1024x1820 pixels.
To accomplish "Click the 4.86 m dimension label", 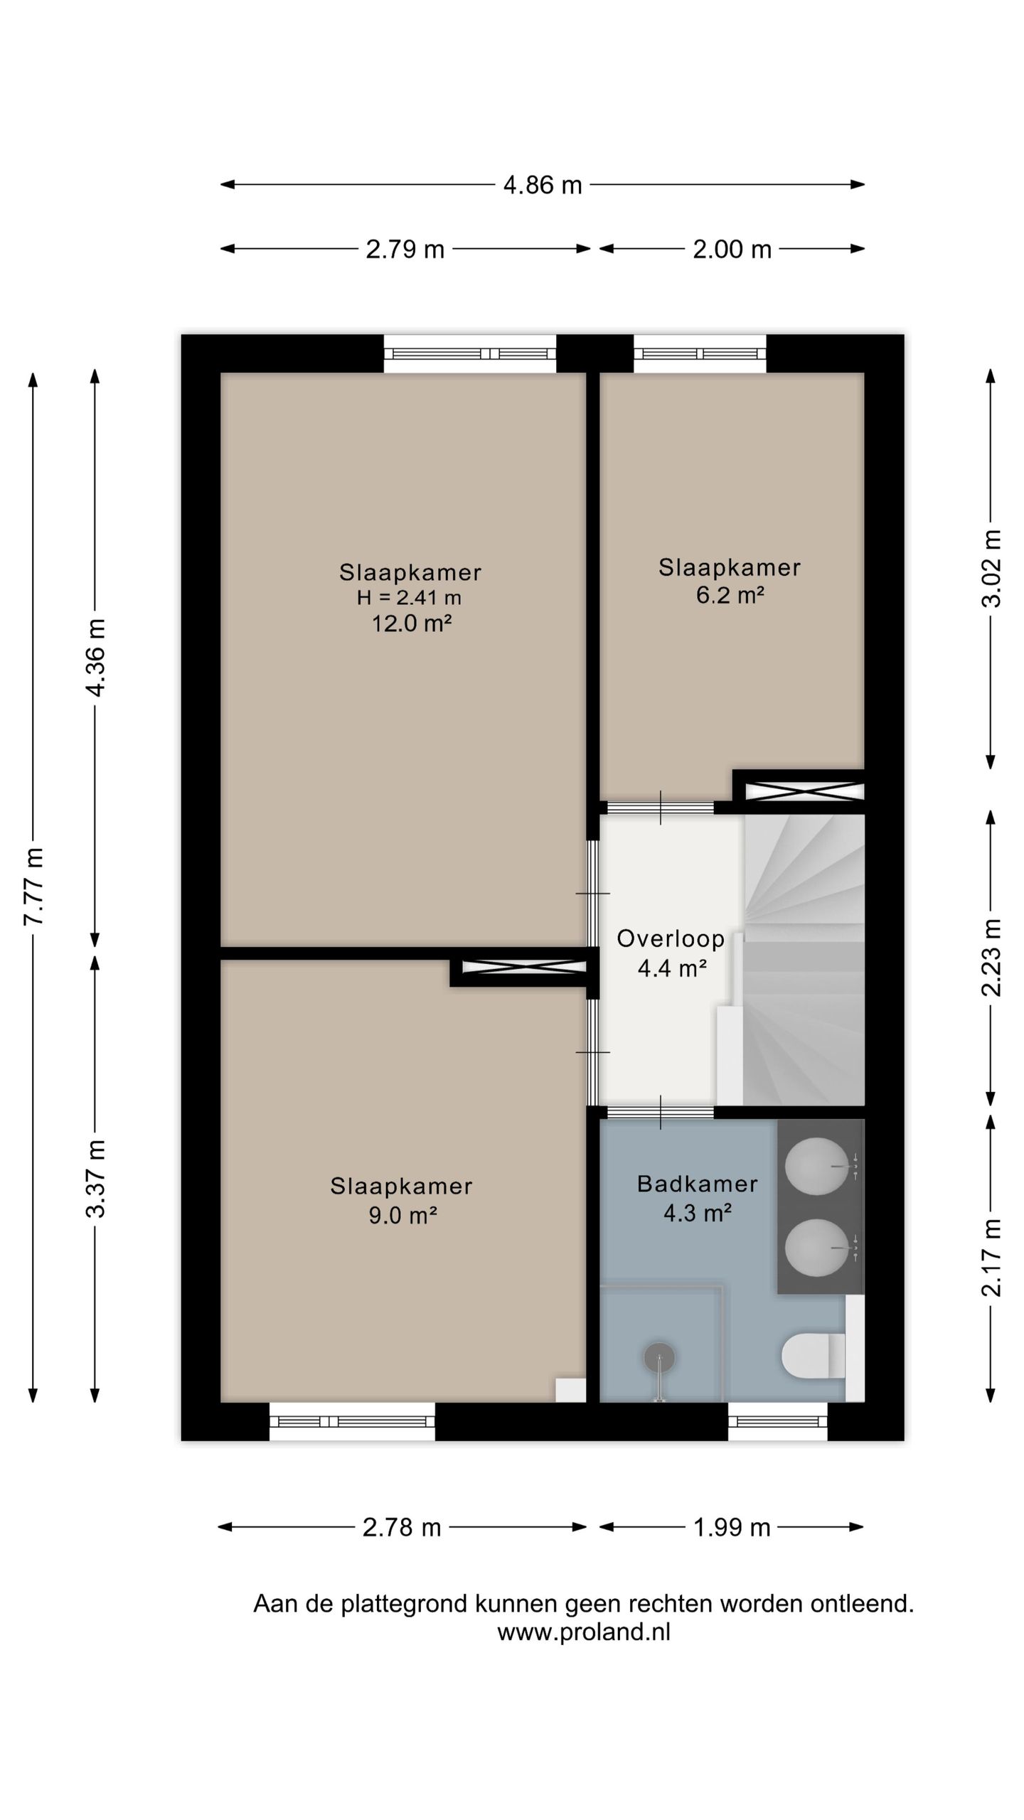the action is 543,185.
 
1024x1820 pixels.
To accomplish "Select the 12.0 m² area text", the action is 412,623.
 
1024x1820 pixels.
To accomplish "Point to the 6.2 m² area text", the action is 730,594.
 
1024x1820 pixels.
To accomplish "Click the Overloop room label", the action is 671,938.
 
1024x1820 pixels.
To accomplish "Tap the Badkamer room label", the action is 697,1184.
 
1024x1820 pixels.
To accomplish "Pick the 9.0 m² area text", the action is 402,1215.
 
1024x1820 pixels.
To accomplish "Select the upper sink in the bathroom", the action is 817,1167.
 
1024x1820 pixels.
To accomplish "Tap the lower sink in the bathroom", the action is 817,1248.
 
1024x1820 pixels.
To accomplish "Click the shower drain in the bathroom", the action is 659,1358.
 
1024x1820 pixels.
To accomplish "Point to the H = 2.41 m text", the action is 409,598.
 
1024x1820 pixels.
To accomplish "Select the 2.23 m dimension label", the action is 992,957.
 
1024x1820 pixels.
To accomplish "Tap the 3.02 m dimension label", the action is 992,568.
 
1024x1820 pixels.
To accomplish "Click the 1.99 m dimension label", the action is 732,1527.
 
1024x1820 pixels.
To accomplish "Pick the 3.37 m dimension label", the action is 96,1178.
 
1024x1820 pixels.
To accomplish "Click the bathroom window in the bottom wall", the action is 778,1421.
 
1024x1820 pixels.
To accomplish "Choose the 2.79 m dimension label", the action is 405,250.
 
